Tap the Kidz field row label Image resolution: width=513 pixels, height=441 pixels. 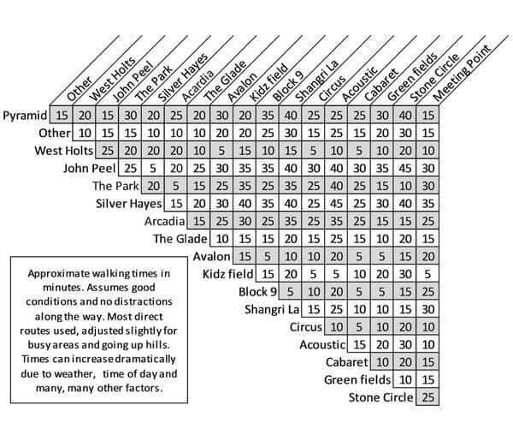coord(227,274)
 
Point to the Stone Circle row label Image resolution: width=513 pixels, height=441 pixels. coord(380,397)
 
